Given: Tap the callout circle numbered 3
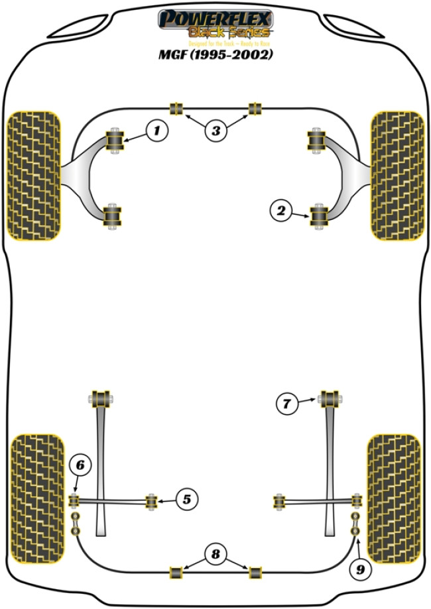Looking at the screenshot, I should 215,131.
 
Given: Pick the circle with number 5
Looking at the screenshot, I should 186,498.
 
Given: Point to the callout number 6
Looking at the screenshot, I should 80,466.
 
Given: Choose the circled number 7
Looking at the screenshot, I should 286,403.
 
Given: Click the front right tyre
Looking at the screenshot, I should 397,175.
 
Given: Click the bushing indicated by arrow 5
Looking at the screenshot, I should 152,502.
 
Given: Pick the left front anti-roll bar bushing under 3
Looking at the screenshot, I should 176,109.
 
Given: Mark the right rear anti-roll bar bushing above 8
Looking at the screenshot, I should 255,571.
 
